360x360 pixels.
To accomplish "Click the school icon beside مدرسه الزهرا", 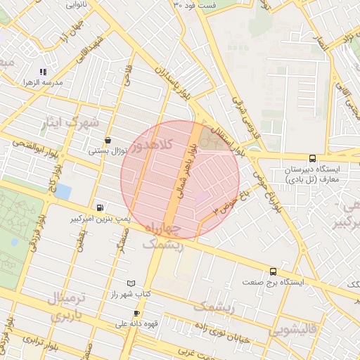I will tap(42, 72).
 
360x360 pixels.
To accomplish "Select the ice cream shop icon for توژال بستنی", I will tap(107, 140).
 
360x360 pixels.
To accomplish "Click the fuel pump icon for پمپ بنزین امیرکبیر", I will tap(100, 207).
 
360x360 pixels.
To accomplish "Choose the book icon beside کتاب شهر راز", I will tap(131, 283).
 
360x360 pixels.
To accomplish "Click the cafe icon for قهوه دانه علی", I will tap(136, 313).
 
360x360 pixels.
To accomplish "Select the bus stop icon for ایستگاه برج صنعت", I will tap(273, 271).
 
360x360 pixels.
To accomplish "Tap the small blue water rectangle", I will tap(63, 191).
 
